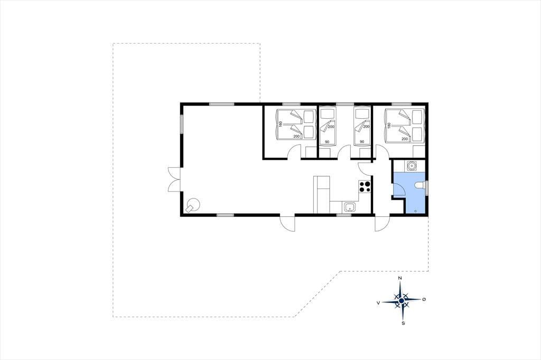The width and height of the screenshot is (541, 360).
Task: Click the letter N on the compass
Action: coord(400,278)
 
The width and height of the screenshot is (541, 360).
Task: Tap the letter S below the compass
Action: coord(403,323)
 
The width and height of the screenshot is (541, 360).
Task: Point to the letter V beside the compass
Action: coord(378,302)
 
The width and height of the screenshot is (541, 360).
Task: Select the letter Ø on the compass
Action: coord(424,299)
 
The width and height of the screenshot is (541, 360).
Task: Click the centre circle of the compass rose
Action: coord(402,301)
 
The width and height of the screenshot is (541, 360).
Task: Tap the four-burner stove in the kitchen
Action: coord(365,186)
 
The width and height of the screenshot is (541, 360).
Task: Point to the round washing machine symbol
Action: coord(411,166)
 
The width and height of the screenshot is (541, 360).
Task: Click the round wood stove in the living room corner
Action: coord(192,205)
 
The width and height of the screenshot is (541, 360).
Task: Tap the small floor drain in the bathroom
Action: coord(415,210)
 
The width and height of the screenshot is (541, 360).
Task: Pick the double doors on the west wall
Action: coord(174,179)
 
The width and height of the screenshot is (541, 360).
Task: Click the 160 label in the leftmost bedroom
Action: coord(281,124)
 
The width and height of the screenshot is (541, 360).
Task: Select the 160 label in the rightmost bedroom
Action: coord(389,125)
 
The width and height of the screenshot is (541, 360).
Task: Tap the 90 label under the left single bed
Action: coord(327,141)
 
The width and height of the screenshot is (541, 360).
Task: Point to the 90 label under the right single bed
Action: coord(362,141)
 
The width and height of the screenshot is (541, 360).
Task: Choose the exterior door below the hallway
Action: coord(383,223)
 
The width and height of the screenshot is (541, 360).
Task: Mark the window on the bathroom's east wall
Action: coord(427,188)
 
